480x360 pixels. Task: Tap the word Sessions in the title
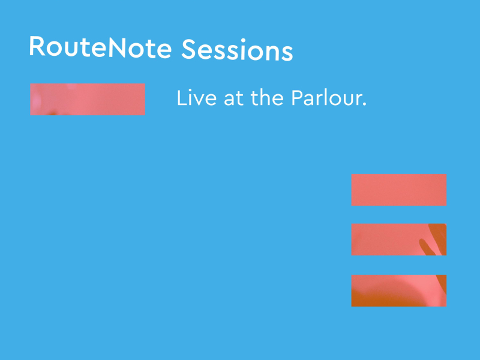(237, 50)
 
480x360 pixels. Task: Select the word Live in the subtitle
(197, 98)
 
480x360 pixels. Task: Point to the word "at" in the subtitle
(234, 99)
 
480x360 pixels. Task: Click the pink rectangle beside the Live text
(88, 99)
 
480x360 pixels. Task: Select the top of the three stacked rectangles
(398, 190)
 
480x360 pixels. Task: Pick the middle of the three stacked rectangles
(398, 239)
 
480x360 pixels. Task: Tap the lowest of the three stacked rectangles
(398, 290)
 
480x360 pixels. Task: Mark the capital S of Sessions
(189, 50)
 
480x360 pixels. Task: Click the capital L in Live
(181, 98)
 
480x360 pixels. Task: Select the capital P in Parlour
(297, 98)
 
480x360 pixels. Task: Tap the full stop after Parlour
(364, 105)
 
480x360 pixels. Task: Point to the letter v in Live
(200, 100)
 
